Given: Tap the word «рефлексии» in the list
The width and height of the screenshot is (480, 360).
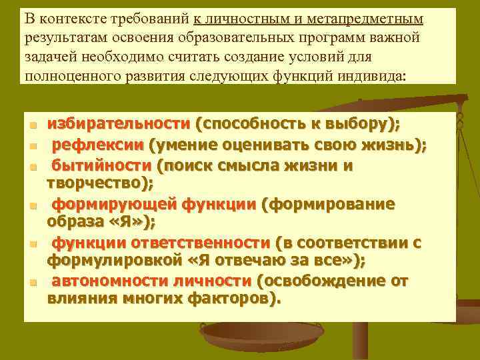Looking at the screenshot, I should (x=97, y=145).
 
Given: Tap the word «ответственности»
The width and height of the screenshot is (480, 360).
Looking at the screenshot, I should (x=210, y=243).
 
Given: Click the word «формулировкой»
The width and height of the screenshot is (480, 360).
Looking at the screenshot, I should (x=107, y=260).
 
